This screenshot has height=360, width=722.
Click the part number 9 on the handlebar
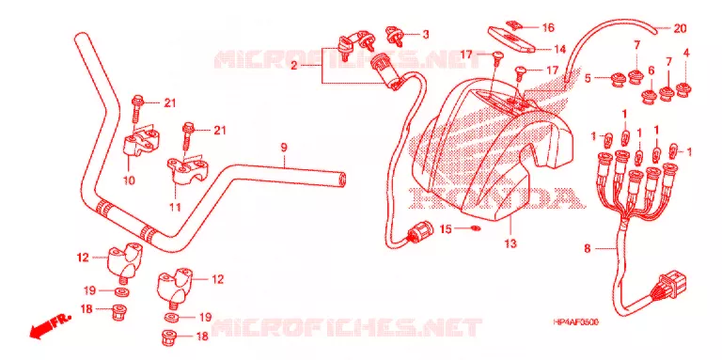(284, 148)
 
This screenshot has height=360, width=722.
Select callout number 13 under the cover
(510, 243)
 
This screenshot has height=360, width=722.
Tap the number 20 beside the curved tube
(680, 28)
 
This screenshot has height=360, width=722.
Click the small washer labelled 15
(476, 227)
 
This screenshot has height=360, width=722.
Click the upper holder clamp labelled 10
(140, 141)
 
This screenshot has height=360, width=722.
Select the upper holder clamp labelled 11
(187, 170)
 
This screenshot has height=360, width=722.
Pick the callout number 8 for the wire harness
(587, 249)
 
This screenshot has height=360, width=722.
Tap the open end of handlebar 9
(342, 180)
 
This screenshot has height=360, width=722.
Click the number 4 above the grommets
(686, 53)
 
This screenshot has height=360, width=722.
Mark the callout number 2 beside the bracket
(293, 67)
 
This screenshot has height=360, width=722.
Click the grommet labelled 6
(651, 97)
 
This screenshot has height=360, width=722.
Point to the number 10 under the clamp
(129, 180)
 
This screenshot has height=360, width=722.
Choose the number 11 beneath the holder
(175, 207)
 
